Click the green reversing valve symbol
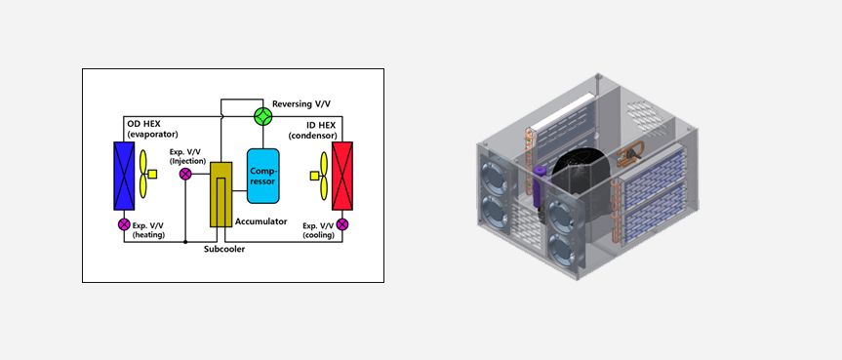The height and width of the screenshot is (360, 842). (x=263, y=117)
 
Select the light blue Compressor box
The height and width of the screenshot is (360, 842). (x=263, y=176)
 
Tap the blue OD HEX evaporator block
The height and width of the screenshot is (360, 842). (x=124, y=176)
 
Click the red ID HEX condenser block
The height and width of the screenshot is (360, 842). (x=342, y=176)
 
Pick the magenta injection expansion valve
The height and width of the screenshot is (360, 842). (x=185, y=174)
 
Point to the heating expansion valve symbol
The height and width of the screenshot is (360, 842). (x=124, y=224)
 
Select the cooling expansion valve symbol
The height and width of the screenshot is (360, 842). (x=342, y=224)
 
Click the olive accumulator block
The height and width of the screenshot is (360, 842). (x=221, y=194)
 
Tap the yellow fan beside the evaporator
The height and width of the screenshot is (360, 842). (x=143, y=174)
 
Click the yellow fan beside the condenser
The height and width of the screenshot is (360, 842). (x=324, y=176)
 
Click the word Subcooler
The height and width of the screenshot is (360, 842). (x=224, y=250)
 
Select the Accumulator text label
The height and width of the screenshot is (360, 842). (x=261, y=221)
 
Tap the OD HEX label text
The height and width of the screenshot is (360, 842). (x=144, y=124)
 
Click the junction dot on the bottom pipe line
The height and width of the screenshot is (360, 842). (x=185, y=242)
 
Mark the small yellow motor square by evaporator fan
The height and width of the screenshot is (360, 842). (x=152, y=174)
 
